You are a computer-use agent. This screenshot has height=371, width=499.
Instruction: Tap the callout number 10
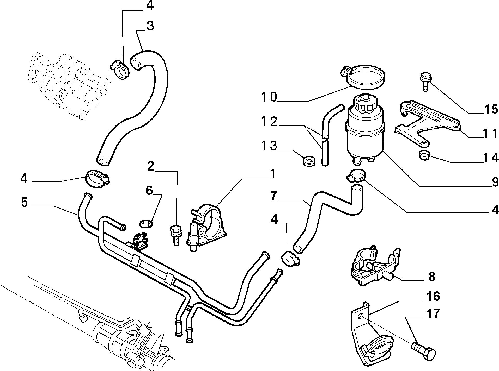[x=269, y=97]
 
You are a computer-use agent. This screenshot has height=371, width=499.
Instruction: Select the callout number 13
[x=269, y=146]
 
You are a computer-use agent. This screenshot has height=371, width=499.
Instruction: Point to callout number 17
[x=433, y=313]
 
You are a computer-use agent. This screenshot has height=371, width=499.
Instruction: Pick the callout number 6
[x=149, y=190]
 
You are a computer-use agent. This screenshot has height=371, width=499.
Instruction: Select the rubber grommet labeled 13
[x=309, y=161]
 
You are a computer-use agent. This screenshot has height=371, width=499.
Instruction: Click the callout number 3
[x=150, y=26]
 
